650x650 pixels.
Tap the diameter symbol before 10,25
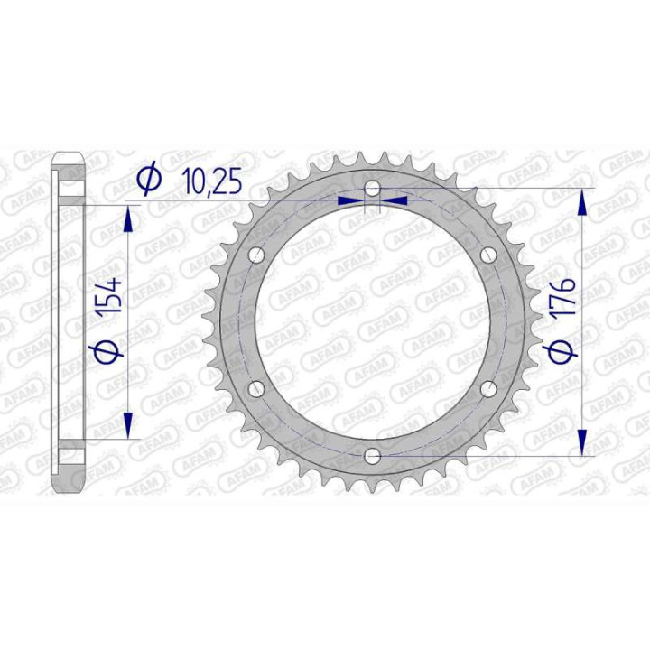point(148,181)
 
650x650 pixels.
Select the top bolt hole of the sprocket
point(372,188)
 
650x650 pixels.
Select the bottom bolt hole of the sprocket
point(372,455)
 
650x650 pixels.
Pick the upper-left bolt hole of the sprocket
point(255,254)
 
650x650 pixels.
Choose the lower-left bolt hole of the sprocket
point(255,388)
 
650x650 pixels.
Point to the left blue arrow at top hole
point(351,200)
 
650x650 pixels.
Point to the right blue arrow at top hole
point(395,200)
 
